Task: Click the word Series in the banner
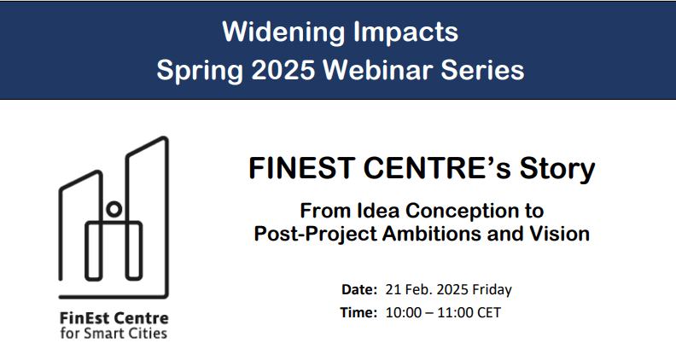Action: click(x=482, y=69)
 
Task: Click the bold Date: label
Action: click(x=358, y=289)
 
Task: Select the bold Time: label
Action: click(x=358, y=312)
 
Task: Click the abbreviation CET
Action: click(x=488, y=312)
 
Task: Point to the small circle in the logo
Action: click(x=114, y=207)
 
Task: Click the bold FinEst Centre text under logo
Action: click(x=114, y=318)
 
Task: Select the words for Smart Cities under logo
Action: click(x=114, y=333)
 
